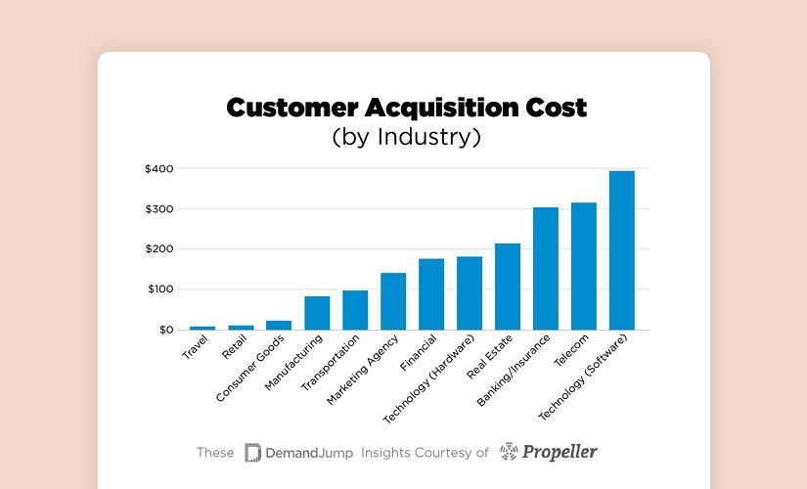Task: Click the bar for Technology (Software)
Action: coord(622,250)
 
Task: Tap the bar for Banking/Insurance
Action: coord(546,269)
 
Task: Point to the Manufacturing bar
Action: coord(317,313)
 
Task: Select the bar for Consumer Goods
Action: coord(279,325)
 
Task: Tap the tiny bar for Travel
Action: coord(202,328)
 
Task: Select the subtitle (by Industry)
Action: coord(406,137)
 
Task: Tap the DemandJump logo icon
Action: coord(252,452)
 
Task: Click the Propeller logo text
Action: coord(560,452)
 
